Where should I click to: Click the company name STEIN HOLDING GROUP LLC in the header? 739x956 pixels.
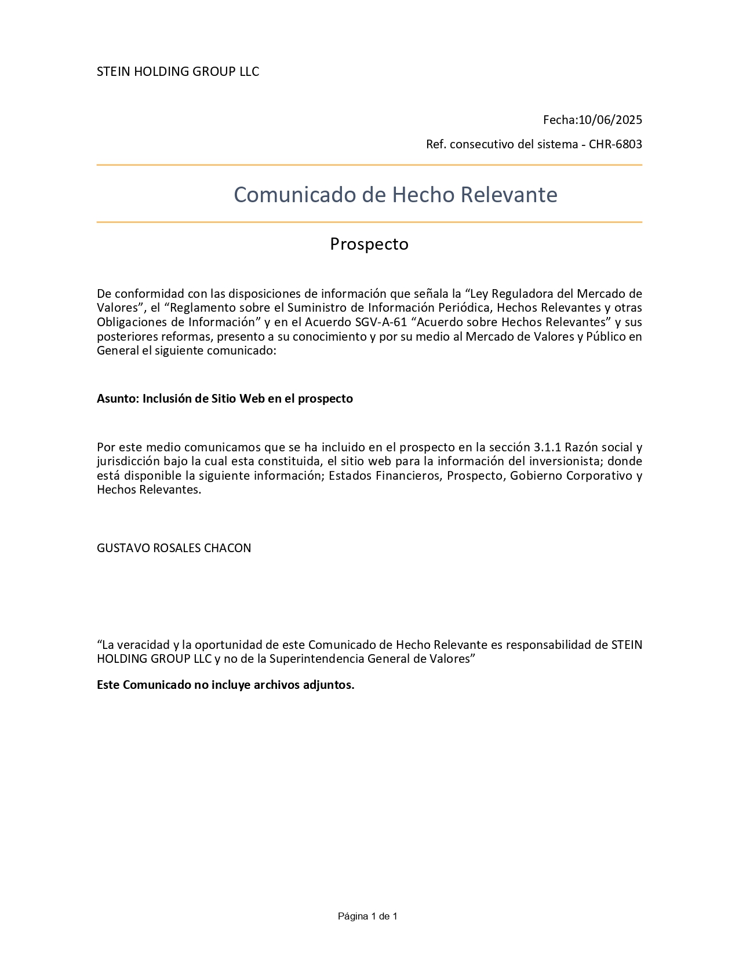click(177, 71)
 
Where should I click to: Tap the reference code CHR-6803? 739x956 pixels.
click(615, 144)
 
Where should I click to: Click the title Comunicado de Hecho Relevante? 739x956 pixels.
click(395, 195)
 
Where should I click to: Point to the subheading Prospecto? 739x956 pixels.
click(369, 244)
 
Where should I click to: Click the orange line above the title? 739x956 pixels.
click(369, 165)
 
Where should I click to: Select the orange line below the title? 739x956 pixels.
click(369, 222)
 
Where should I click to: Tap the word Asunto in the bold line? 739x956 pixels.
click(117, 399)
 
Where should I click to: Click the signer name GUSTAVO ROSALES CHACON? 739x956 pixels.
click(174, 548)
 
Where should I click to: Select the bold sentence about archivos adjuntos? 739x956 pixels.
click(225, 685)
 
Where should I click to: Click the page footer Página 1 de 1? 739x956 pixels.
click(367, 916)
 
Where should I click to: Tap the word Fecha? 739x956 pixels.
click(559, 120)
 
